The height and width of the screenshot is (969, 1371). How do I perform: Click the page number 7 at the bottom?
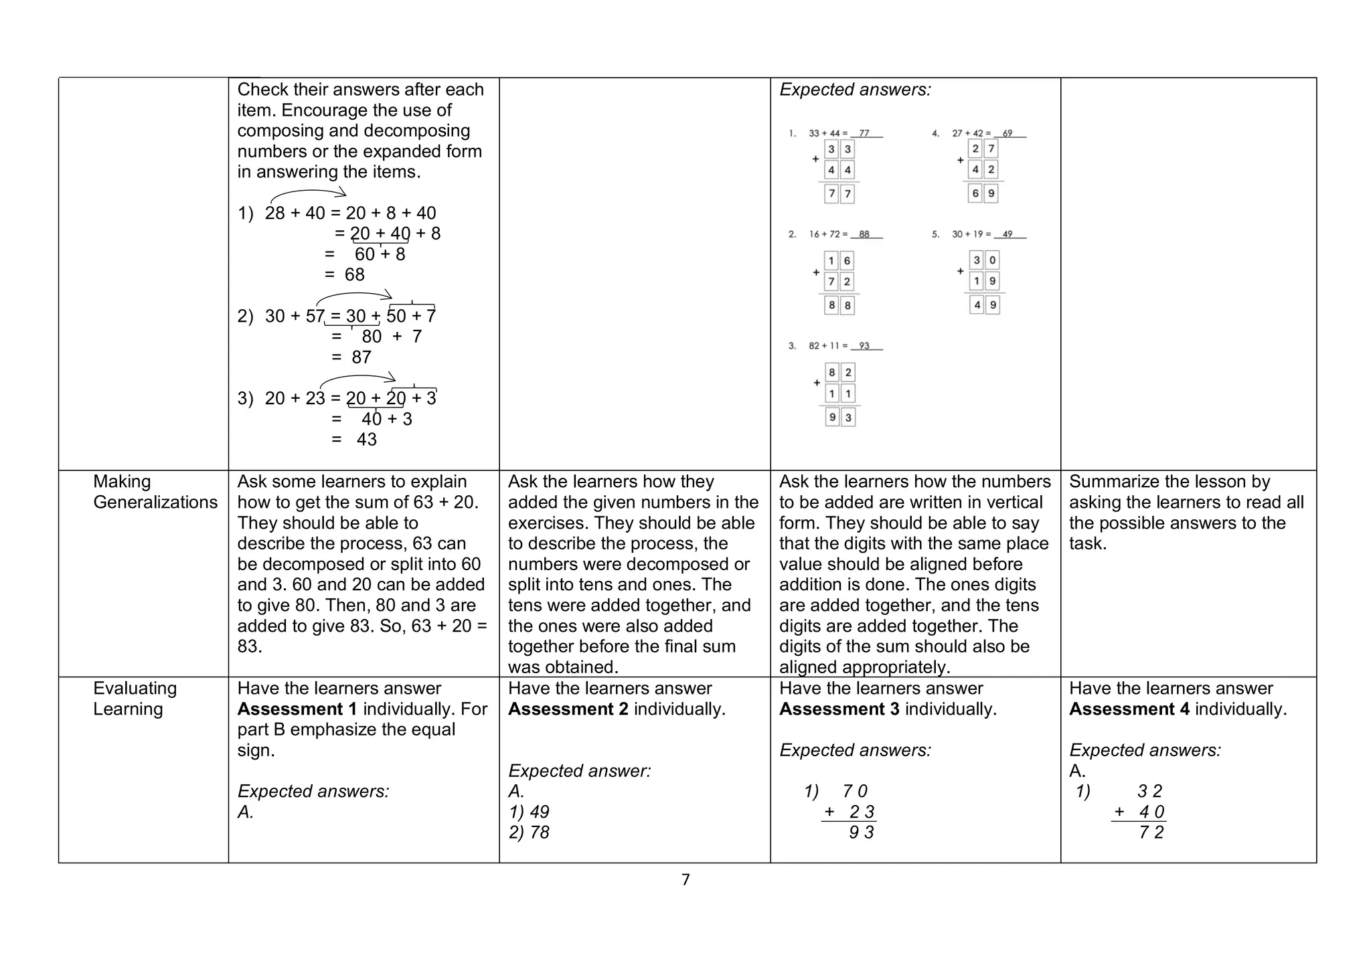point(685,880)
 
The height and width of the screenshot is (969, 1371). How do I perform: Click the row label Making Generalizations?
point(155,492)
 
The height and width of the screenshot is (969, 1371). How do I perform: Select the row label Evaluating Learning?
point(135,698)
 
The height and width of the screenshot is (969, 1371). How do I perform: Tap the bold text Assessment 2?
point(568,709)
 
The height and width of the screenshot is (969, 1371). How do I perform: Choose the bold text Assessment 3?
point(839,709)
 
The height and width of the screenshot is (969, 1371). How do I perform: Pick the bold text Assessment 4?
point(1129,709)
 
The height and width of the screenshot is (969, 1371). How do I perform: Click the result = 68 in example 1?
point(345,274)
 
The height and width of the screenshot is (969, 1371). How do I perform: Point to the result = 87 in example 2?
point(352,357)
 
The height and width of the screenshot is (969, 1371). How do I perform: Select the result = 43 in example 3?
point(355,439)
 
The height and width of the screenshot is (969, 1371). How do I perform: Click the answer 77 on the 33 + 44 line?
point(864,133)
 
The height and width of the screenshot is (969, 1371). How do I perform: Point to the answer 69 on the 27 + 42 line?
point(1007,133)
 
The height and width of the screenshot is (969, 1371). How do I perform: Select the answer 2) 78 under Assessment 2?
point(529,832)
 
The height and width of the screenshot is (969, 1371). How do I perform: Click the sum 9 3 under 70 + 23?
point(861,832)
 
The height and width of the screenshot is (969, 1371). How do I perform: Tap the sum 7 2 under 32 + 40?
point(1151,832)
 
